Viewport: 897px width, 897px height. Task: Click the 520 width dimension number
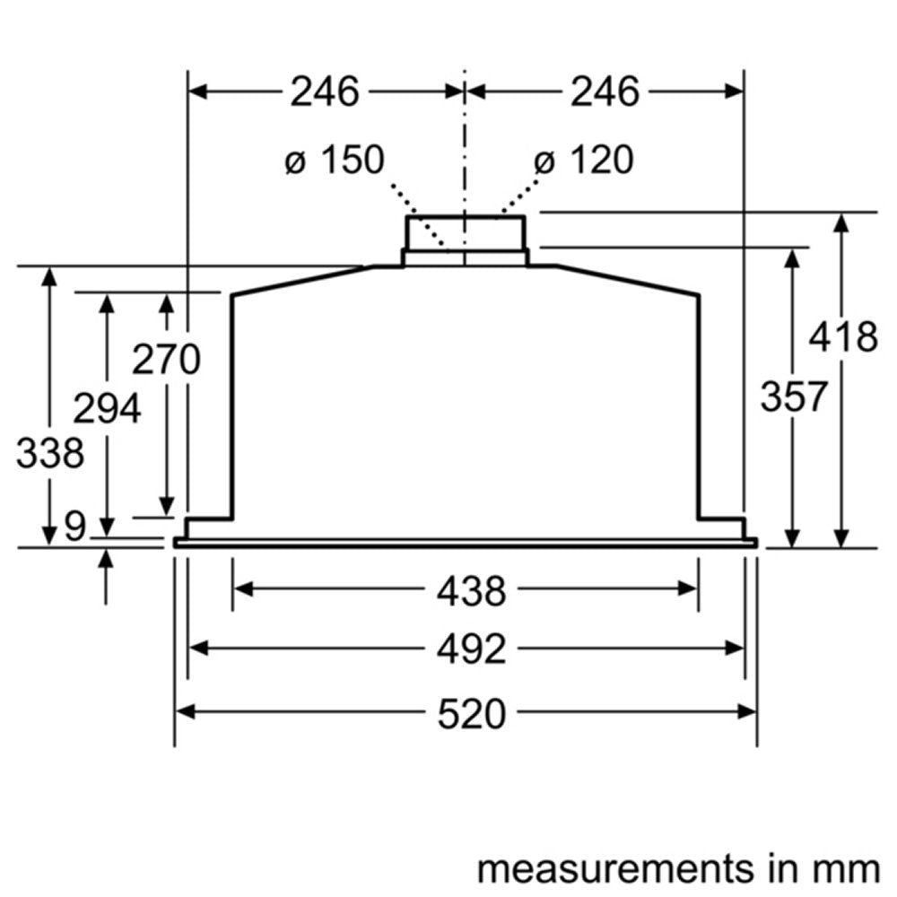pos(472,715)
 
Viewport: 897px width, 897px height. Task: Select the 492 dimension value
pos(472,649)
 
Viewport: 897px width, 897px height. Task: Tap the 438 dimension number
pos(472,592)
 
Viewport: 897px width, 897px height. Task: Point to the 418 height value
pos(842,338)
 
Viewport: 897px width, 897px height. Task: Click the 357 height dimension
pos(793,396)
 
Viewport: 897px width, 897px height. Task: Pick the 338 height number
pos(50,453)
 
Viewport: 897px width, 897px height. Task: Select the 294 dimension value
pos(107,410)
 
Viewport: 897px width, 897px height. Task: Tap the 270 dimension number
pos(166,361)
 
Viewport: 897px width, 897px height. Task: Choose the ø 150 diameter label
pos(334,161)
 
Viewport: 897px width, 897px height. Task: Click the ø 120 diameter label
pos(583,161)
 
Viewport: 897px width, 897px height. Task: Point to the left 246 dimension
pos(324,91)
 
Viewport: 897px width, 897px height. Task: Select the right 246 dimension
pos(605,91)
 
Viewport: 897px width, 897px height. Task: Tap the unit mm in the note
pos(848,868)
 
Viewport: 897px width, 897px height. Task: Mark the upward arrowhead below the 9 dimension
pos(107,559)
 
